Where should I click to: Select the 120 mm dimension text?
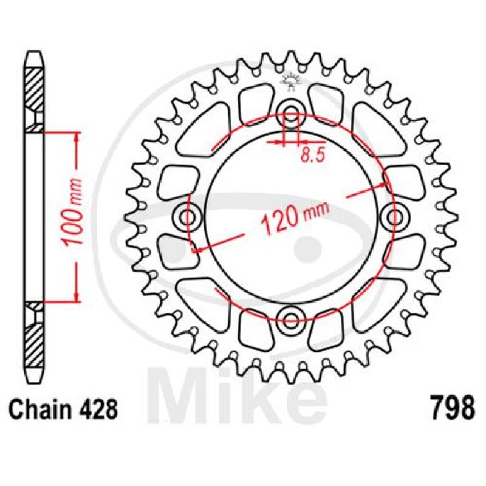pos(295,217)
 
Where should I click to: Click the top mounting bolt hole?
pos(290,112)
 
